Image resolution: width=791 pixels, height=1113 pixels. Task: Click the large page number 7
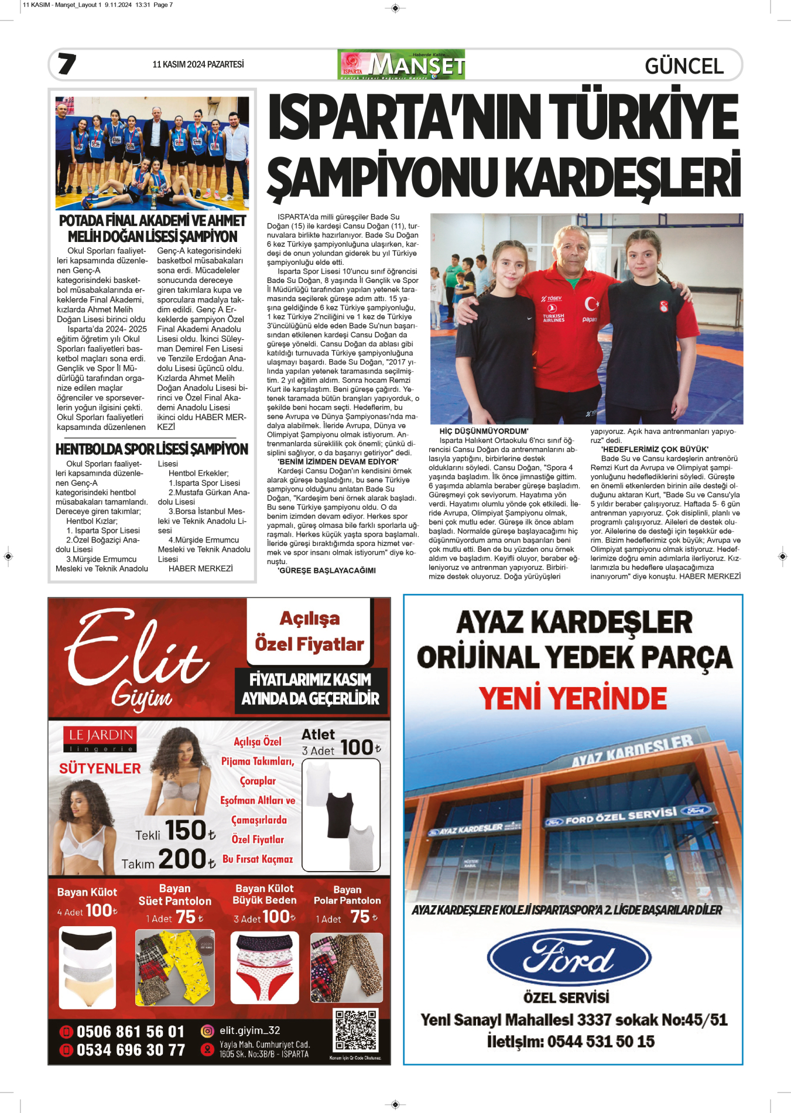(67, 64)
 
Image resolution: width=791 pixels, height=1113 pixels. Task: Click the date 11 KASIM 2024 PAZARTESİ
(198, 64)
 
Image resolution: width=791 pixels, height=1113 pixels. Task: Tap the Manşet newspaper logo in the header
(401, 64)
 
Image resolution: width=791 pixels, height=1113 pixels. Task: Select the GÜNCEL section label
(684, 66)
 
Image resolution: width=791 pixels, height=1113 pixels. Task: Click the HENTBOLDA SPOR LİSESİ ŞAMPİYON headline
(152, 449)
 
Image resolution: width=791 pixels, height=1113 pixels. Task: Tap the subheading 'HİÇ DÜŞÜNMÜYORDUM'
(484, 431)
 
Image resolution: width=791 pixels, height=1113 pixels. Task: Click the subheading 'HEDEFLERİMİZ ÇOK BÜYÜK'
(655, 449)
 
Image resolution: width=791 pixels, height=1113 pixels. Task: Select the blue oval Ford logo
(569, 958)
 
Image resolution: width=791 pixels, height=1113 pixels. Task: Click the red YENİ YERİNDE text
(573, 698)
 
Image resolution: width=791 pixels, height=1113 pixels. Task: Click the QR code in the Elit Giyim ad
(355, 1030)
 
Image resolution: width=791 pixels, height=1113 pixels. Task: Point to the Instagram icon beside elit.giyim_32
(207, 1030)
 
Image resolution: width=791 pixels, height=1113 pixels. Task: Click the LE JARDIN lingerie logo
(100, 739)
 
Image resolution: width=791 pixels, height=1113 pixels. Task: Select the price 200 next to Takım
(182, 859)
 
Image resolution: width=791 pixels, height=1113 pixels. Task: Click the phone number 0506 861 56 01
(130, 1032)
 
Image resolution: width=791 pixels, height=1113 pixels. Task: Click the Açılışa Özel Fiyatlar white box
(309, 631)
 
